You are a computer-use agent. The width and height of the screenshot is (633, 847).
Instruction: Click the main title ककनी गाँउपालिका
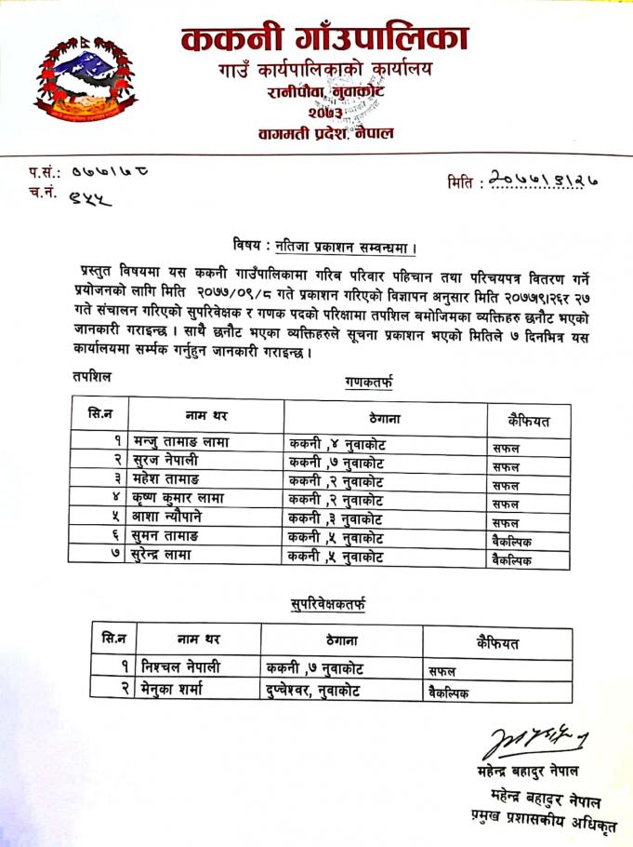[x=324, y=40]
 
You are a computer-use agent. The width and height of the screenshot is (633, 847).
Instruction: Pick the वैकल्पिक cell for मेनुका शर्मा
[x=450, y=692]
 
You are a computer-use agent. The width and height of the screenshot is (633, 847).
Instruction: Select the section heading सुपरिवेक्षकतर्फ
[x=328, y=606]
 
